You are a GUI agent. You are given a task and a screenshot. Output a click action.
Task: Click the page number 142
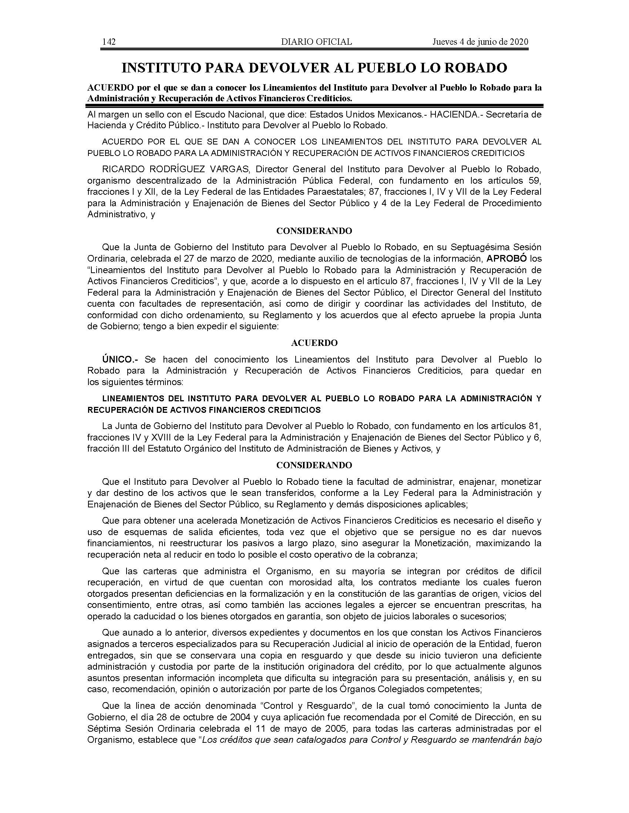(109, 42)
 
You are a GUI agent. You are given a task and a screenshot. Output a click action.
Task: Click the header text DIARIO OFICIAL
(316, 42)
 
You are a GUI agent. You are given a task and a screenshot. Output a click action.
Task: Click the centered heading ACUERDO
(314, 343)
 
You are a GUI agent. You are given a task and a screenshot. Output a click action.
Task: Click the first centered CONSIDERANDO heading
(314, 231)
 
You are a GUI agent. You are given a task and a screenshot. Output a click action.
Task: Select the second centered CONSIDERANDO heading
(314, 465)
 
